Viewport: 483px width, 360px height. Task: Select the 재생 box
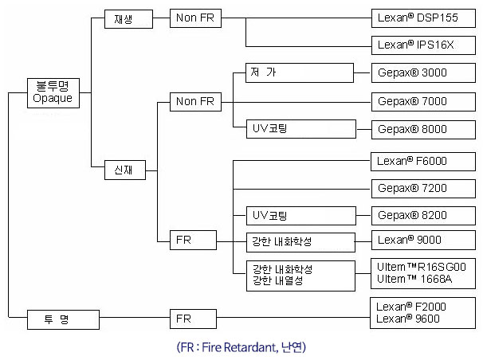tap(128, 19)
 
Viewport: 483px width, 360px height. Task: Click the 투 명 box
tap(64, 319)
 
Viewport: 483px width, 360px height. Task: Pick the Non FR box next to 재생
tap(194, 19)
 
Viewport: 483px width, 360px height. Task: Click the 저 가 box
tap(292, 73)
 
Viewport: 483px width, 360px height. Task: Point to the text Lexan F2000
tap(411, 306)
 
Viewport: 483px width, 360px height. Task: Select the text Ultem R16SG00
tap(422, 268)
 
